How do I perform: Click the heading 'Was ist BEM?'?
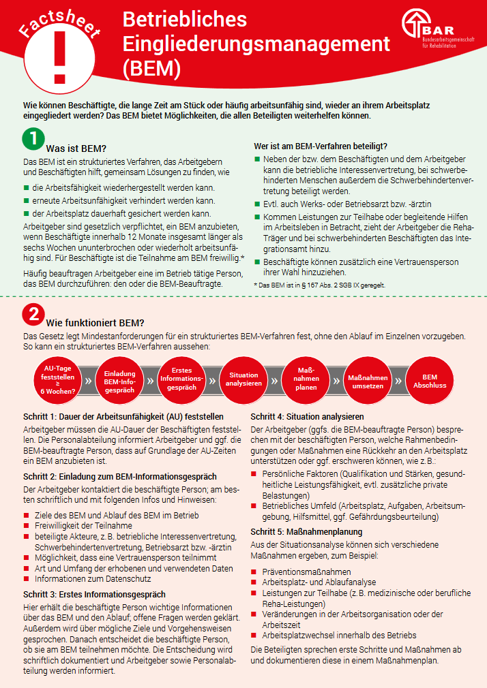point(76,148)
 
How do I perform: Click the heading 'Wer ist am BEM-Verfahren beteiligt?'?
point(321,146)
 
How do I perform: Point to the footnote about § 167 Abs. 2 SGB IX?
point(319,285)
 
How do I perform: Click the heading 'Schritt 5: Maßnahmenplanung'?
point(306,532)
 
